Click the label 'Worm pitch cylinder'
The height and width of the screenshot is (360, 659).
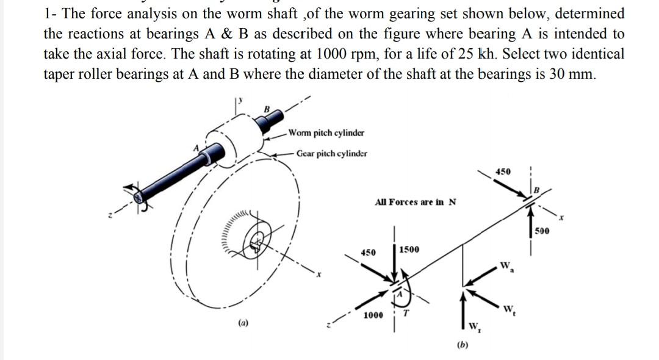click(326, 133)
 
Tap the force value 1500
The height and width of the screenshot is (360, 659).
click(409, 250)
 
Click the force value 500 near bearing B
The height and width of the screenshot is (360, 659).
click(542, 231)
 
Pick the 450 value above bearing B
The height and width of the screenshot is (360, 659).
click(503, 172)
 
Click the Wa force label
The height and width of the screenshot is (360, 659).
click(506, 267)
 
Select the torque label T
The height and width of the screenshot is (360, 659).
click(413, 314)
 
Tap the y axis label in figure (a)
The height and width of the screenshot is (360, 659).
click(241, 97)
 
